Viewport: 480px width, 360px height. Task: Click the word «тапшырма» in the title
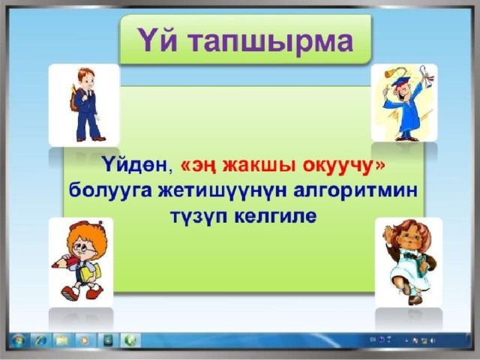[270, 42]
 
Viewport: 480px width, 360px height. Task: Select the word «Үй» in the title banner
[157, 39]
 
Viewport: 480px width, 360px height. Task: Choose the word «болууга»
[110, 191]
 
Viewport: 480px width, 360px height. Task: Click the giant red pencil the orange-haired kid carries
[65, 262]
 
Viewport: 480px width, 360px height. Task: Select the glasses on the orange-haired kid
[84, 248]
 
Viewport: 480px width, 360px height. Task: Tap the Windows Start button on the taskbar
[18, 340]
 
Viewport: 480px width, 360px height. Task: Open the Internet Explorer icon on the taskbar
[40, 340]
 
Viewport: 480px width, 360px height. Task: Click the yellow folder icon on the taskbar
[62, 340]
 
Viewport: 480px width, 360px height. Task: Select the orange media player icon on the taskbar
[85, 340]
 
